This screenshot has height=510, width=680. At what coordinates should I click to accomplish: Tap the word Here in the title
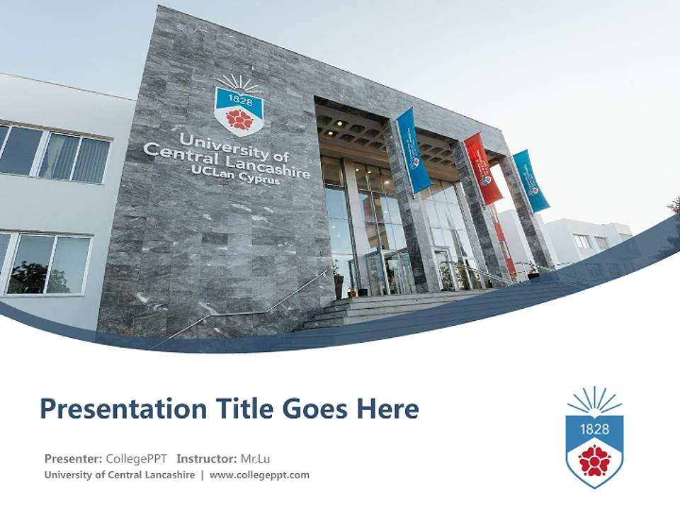point(387,409)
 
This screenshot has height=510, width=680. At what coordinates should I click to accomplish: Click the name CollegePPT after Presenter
point(137,458)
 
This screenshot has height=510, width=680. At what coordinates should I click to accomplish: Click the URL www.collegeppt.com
point(259,475)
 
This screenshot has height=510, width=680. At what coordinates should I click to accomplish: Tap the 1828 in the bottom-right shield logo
point(594,429)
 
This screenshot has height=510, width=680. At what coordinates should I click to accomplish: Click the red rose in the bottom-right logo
point(594,460)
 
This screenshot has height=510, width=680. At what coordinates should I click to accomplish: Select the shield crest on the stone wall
point(239,110)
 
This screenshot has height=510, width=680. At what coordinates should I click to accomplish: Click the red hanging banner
point(483,169)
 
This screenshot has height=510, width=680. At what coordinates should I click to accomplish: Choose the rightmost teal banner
point(531,181)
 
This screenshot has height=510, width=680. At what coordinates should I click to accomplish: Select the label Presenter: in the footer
point(73,458)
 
